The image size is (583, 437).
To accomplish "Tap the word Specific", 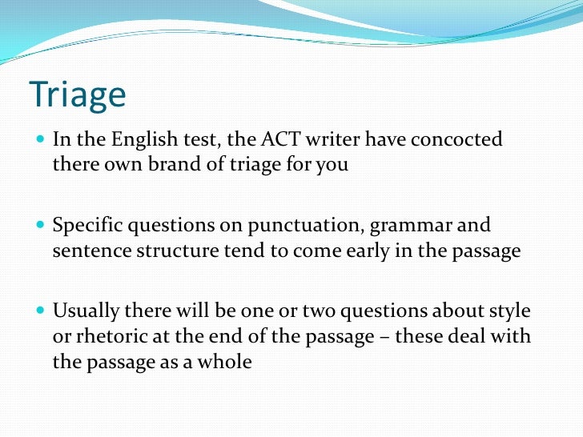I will (86, 227).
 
